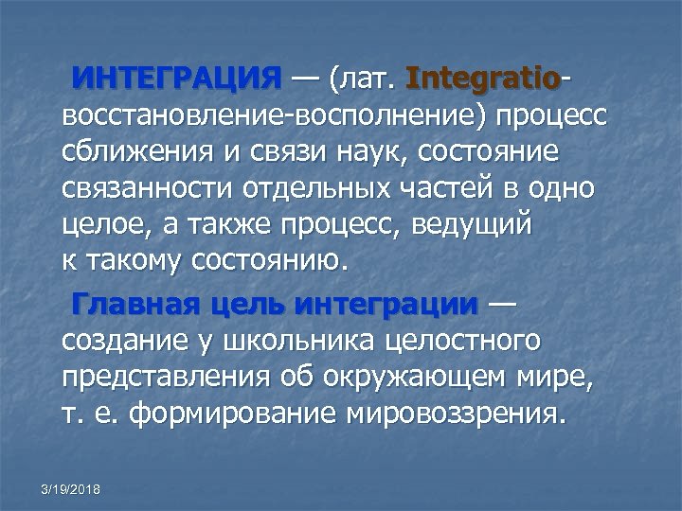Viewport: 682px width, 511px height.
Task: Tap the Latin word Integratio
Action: point(482,77)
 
